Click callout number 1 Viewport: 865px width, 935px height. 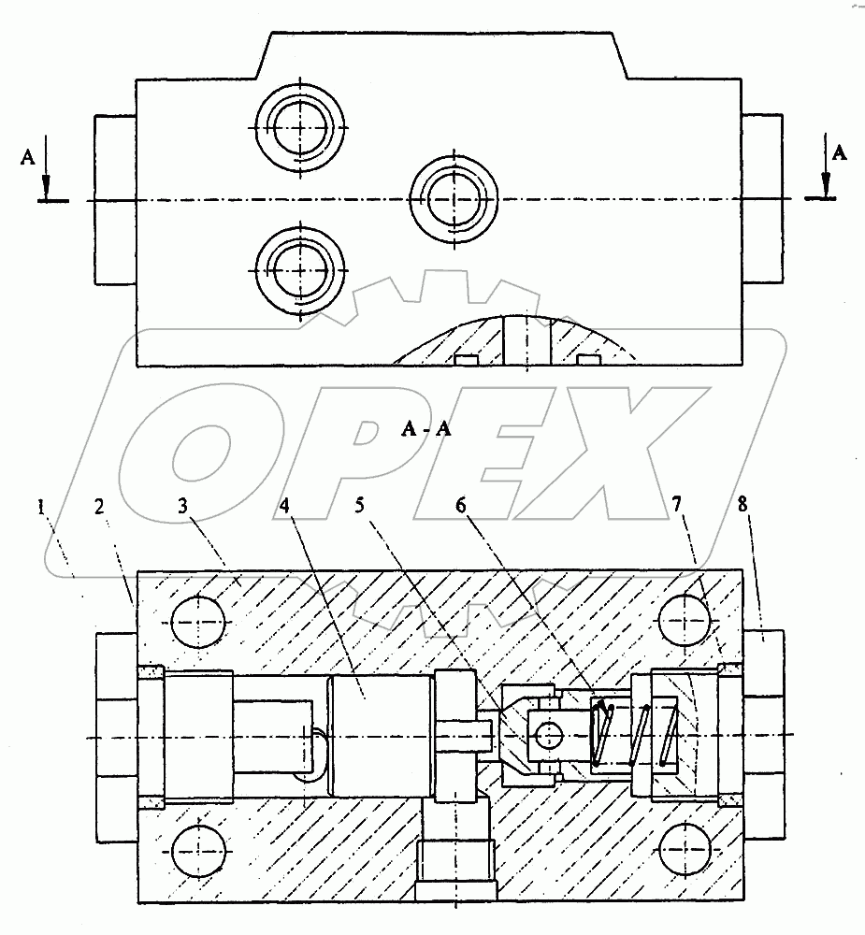pos(40,508)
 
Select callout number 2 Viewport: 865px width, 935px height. pos(99,506)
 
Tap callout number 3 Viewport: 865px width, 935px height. pos(182,506)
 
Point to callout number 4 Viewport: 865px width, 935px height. pos(284,506)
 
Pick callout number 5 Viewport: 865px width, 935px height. pos(359,505)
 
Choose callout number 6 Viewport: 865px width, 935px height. pos(460,505)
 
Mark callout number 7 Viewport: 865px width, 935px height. pos(676,505)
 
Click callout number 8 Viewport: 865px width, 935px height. pos(742,504)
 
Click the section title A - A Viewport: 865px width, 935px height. pos(425,429)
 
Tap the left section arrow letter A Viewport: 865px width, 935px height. pos(27,157)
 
